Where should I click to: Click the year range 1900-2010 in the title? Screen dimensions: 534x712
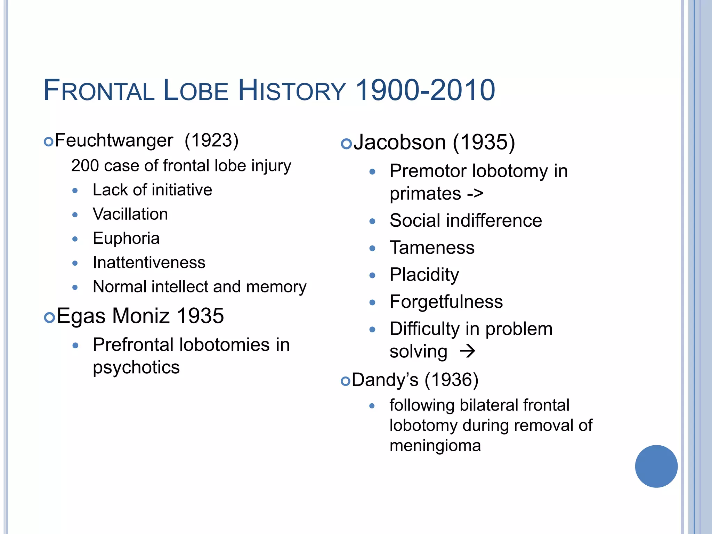click(426, 90)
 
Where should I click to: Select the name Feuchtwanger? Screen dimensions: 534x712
click(114, 141)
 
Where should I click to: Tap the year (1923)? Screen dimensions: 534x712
click(211, 141)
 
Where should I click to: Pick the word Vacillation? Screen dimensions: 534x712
click(130, 214)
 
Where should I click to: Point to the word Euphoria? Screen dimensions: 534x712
click(126, 238)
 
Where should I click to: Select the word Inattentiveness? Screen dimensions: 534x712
click(149, 262)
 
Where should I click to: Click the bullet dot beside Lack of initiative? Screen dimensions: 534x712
click(75, 191)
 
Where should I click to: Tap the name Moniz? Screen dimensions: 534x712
click(141, 316)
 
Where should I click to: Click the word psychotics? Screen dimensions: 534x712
click(136, 367)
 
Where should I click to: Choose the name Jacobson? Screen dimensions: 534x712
click(400, 143)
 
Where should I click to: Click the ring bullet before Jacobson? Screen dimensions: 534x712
click(346, 144)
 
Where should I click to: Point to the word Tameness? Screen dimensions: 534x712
click(432, 248)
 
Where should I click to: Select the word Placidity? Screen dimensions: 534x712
click(424, 275)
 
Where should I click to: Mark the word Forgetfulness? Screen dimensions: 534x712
click(446, 302)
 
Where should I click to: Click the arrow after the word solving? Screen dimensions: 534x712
click(467, 351)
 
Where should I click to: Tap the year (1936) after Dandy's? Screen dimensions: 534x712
click(451, 380)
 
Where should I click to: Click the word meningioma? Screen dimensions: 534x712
click(435, 446)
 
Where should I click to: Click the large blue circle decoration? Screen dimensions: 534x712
click(656, 466)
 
